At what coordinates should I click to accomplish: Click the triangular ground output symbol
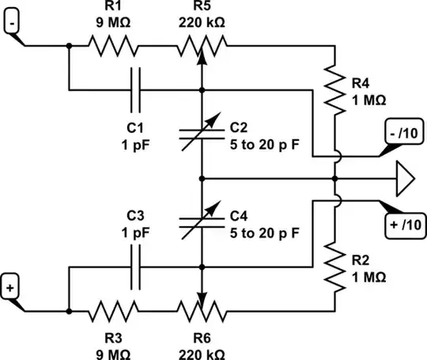404,178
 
